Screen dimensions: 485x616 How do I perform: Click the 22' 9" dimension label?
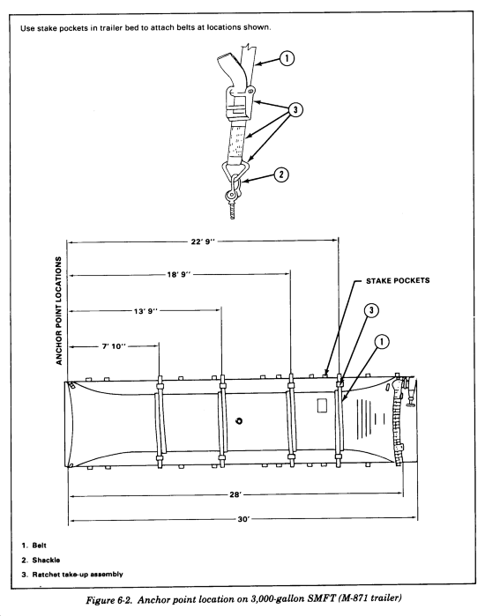tap(203, 241)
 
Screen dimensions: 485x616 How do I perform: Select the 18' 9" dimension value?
tap(179, 274)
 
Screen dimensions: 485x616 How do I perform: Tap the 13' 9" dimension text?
tap(145, 311)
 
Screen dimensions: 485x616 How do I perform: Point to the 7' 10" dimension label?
tap(114, 346)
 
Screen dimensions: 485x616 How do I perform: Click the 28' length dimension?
tap(235, 494)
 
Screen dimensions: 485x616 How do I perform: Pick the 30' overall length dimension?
tap(243, 519)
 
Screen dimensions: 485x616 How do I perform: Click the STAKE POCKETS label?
tap(398, 280)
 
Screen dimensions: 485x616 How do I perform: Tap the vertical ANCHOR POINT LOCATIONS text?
tap(59, 311)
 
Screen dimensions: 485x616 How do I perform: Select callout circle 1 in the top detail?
tap(287, 58)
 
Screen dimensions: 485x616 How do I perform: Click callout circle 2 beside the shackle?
tap(281, 174)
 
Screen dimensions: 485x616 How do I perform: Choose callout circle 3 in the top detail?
tap(295, 109)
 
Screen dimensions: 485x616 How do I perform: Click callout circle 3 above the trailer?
tap(371, 310)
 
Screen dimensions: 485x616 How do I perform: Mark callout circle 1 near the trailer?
tap(382, 341)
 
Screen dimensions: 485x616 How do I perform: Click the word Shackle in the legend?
tap(46, 560)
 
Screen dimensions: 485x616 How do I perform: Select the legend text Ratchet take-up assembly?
tap(78, 575)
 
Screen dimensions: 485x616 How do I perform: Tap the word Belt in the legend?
tap(40, 545)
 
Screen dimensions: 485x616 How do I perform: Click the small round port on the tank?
tap(238, 421)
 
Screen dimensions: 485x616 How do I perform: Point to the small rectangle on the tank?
tap(322, 405)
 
